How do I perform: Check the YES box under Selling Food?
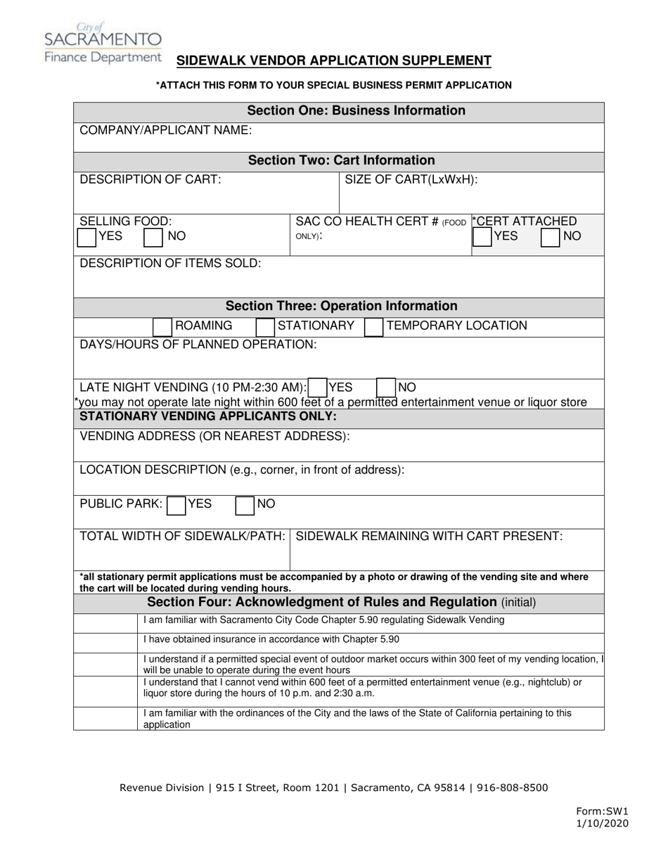(x=86, y=237)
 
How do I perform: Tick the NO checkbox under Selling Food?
(x=153, y=237)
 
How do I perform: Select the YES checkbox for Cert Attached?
(x=482, y=237)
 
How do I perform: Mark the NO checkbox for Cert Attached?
(x=551, y=237)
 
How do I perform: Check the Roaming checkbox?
(x=162, y=326)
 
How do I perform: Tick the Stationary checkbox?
(x=265, y=326)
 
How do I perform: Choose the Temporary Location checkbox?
(x=373, y=326)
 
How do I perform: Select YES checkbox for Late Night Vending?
(x=318, y=387)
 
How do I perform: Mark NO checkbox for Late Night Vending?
(x=386, y=387)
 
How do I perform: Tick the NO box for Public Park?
(x=245, y=505)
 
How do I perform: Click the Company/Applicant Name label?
(x=166, y=130)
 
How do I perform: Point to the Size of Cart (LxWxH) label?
(x=411, y=179)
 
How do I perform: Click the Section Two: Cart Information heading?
(x=341, y=160)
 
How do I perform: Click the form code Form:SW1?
(x=602, y=812)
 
